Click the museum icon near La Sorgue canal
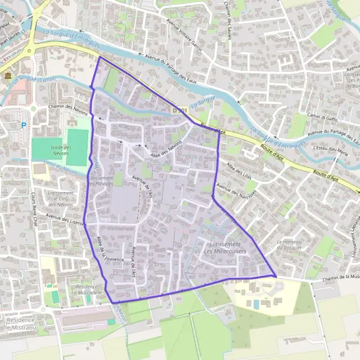pyautogui.click(x=7, y=77)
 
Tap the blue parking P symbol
pyautogui.click(x=24, y=125)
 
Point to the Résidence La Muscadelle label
pyautogui.click(x=82, y=290)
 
